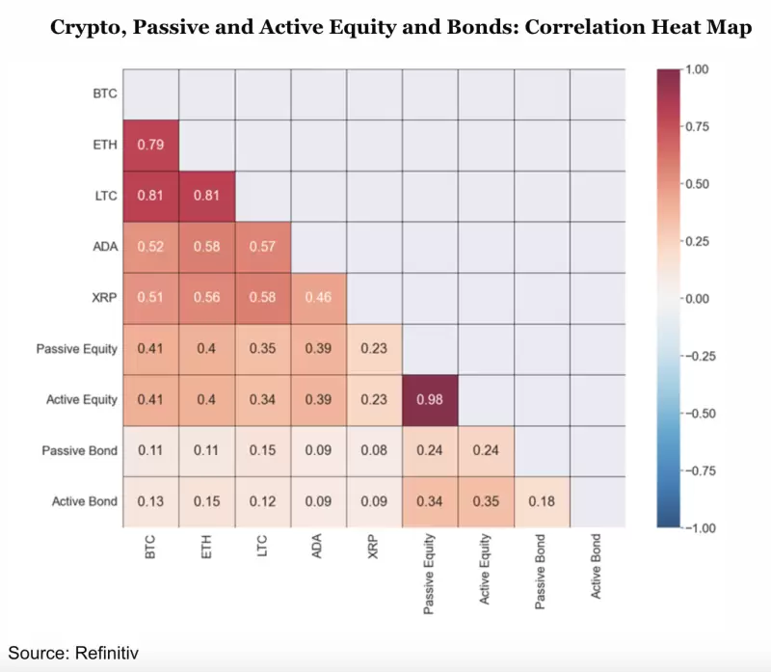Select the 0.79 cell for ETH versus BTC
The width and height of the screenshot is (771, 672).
[148, 145]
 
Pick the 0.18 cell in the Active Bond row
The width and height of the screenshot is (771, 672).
[540, 501]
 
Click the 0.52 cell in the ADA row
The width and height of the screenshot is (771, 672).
[148, 247]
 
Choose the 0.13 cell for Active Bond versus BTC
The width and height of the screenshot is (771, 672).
[148, 501]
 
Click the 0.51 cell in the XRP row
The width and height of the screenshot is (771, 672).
[148, 297]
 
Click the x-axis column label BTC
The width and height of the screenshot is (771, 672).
[149, 546]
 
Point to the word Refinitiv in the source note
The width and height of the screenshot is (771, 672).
[106, 653]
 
